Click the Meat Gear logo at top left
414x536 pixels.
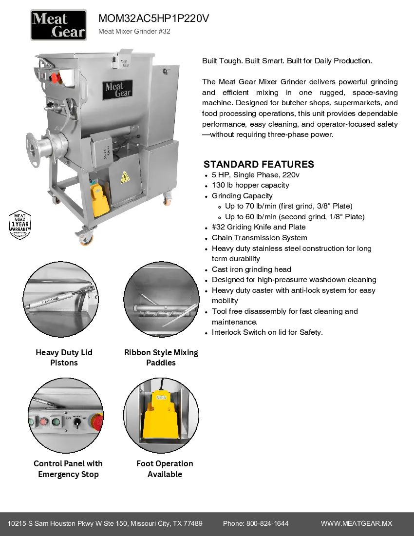coord(58,25)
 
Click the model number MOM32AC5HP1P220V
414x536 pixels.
coord(153,19)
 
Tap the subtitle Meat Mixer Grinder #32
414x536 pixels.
coord(134,32)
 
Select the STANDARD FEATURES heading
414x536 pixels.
coord(259,164)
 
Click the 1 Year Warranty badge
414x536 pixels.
coord(20,226)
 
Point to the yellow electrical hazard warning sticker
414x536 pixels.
coord(124,176)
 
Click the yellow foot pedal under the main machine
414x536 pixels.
coord(100,200)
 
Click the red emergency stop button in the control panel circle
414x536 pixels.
coord(97,422)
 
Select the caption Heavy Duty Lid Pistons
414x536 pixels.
coord(64,358)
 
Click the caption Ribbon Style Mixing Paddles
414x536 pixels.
coord(161,358)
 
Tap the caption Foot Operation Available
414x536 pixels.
coord(165,469)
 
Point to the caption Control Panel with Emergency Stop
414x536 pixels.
coord(68,469)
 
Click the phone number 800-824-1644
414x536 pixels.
coord(267,523)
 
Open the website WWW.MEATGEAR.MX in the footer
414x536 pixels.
coord(356,523)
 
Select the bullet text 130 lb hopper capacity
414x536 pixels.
coord(250,185)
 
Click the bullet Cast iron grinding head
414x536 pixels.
coord(251,269)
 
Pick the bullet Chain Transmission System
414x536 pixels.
coord(259,238)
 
